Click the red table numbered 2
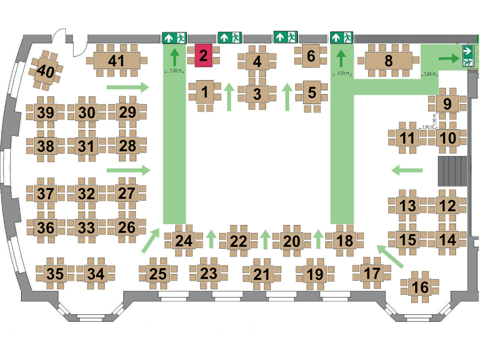point(204,55)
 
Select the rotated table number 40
point(46,71)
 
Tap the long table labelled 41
point(117,60)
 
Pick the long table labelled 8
point(388,60)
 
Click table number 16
point(420,287)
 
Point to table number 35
point(55,274)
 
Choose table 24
point(184,240)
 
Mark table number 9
point(447,104)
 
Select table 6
point(311,56)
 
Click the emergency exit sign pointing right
point(468,56)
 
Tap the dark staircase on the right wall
point(453,171)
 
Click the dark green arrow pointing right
point(449,58)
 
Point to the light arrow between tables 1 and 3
point(229,97)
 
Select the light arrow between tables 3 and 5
point(287,97)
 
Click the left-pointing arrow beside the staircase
point(407,170)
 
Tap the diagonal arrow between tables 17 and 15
point(390,256)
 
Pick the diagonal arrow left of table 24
point(151,240)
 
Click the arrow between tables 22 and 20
point(265,239)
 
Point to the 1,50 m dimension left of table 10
point(428,127)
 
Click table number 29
point(127,112)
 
